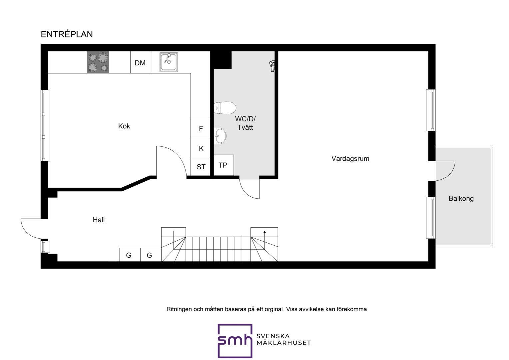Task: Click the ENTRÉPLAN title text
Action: click(x=67, y=34)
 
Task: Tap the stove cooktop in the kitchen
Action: click(x=98, y=62)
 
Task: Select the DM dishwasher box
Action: click(x=141, y=62)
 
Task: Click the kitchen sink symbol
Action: click(x=168, y=62)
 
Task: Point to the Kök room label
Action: click(x=124, y=126)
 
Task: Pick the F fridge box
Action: click(x=201, y=128)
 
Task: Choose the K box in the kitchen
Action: click(x=201, y=148)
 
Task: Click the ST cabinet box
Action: click(x=201, y=167)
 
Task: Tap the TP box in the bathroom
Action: click(x=224, y=165)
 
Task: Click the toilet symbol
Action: click(x=225, y=108)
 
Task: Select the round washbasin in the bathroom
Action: click(x=220, y=136)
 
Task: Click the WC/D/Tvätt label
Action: click(x=245, y=123)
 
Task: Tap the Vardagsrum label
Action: click(x=350, y=159)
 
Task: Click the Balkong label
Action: click(x=461, y=199)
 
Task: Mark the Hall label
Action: click(x=99, y=220)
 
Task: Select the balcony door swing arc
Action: click(x=450, y=175)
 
